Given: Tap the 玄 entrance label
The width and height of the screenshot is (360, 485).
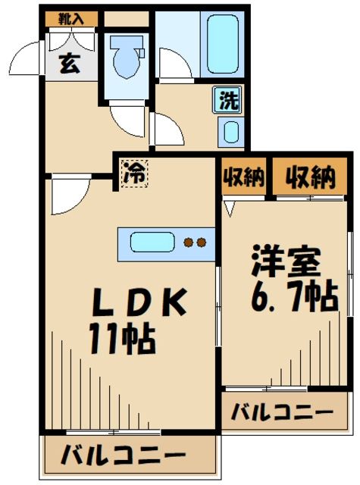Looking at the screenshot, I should tap(68, 64).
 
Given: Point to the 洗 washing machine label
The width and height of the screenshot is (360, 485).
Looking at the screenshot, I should tap(227, 99).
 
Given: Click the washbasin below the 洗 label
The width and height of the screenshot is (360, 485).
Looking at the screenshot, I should tap(230, 132).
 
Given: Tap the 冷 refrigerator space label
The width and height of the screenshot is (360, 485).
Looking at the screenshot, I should tap(134, 172).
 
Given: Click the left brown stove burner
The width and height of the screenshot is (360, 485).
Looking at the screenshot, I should tap(189, 243).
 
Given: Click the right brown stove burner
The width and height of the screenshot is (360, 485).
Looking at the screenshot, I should tap(202, 243).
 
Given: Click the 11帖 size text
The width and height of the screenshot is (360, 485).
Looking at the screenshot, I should tap(123, 339).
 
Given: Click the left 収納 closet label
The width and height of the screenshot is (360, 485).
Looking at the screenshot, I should tap(243, 179).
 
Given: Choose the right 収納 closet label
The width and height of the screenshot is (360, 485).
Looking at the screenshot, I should tap(309, 179).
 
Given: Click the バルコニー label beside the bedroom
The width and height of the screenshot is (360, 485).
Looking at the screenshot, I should tap(282, 413).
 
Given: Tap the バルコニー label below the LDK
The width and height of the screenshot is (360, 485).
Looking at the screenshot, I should tap(124, 457).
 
